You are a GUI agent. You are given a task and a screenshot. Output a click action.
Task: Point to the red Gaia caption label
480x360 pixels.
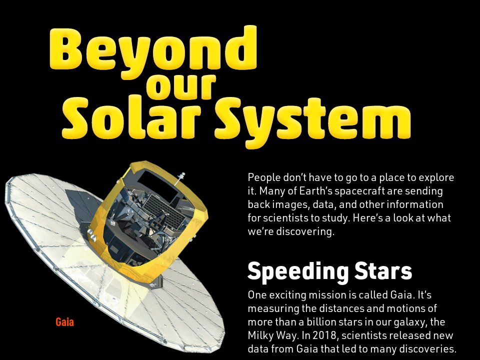(64, 322)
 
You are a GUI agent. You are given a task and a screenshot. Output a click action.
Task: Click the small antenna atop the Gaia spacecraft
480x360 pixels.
(181, 176)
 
